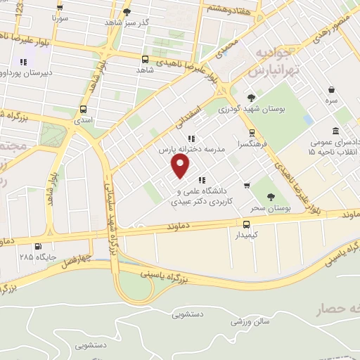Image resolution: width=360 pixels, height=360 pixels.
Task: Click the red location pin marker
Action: [181, 166]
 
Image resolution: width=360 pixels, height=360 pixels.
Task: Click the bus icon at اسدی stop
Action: [84, 109]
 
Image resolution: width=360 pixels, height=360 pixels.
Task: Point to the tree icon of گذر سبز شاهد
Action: [127, 12]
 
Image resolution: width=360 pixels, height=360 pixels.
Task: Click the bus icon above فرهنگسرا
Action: [251, 131]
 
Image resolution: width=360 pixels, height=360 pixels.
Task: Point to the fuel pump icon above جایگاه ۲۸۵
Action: [38, 246]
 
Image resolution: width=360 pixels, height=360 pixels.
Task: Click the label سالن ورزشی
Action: [248, 322]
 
